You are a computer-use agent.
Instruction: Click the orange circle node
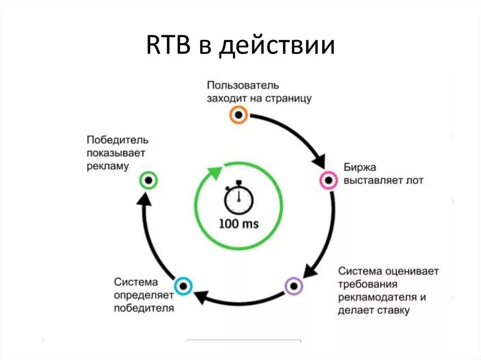tap(239, 114)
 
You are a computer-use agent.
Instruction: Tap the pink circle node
tap(328, 180)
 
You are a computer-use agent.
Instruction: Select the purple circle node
tap(294, 285)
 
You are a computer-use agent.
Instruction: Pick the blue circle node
tap(183, 285)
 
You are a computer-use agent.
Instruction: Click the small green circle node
tap(148, 180)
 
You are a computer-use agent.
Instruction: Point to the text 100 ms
tap(239, 224)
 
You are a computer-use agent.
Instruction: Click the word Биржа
tap(360, 168)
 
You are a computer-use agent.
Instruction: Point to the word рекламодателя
tap(378, 297)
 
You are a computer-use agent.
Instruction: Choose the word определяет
tap(144, 295)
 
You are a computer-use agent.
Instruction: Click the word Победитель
tap(117, 140)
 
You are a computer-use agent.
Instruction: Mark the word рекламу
tap(108, 166)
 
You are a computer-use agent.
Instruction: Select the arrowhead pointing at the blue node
tap(201, 297)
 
